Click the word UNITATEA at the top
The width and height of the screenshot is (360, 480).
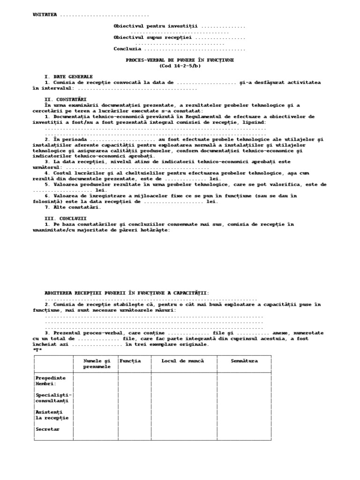45,15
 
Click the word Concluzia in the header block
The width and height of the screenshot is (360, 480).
127,48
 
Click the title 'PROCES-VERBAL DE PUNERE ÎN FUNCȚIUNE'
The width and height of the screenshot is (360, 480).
180,60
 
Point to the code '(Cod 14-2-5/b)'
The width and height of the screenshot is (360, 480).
180,66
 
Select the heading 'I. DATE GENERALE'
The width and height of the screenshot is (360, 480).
68,76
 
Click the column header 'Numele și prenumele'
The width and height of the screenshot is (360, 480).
97,363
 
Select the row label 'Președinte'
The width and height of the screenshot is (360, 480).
51,377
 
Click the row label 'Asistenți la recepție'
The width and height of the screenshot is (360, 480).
52,414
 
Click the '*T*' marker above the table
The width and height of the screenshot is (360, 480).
37,350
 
